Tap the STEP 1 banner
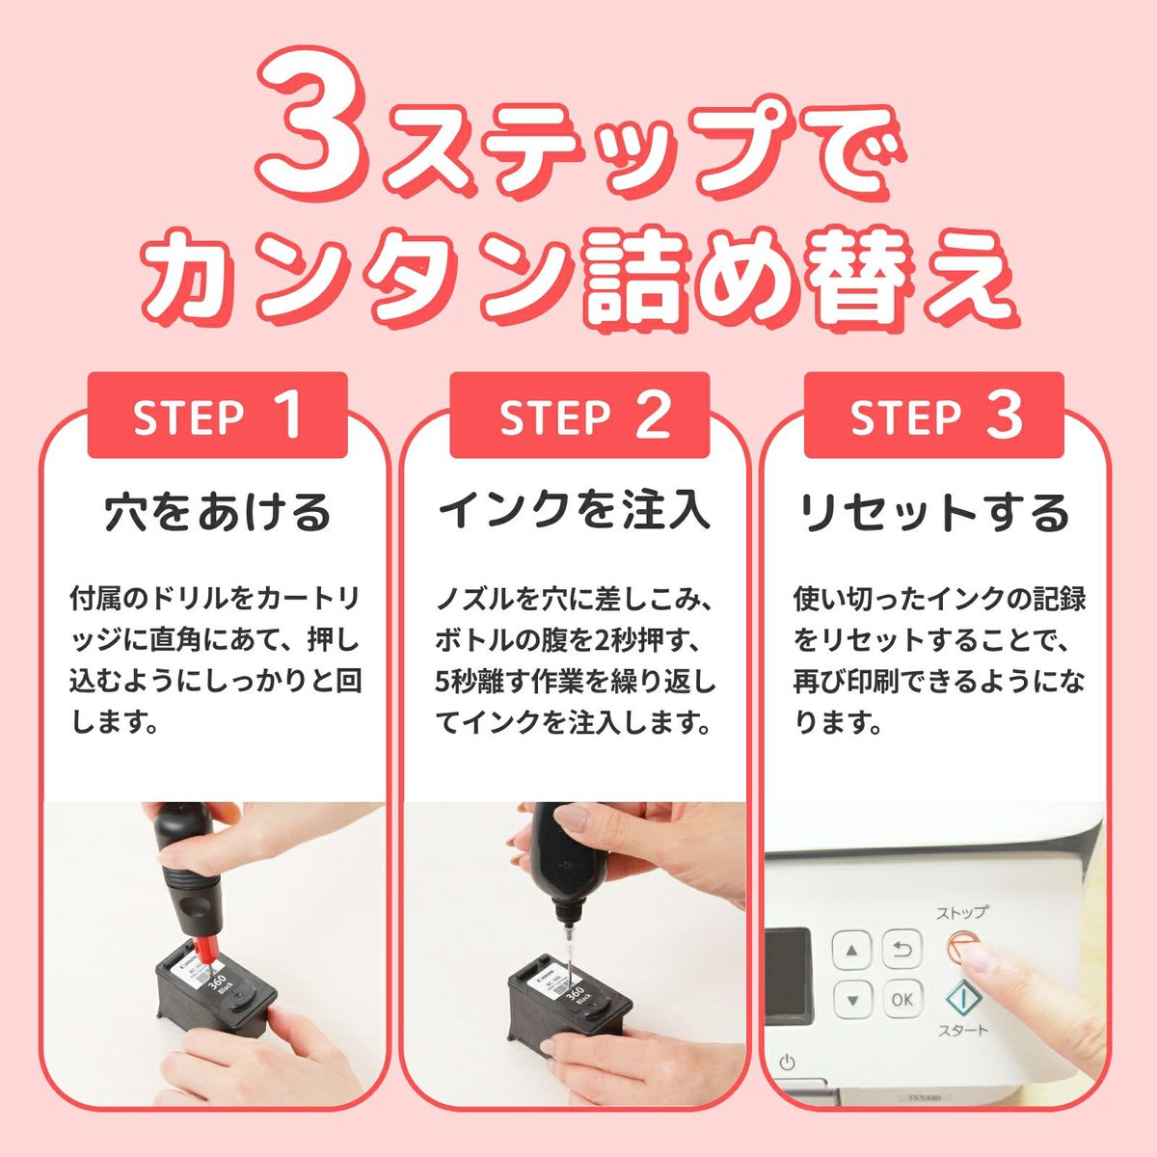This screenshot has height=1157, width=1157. (x=217, y=415)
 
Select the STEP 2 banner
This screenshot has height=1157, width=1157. (x=579, y=415)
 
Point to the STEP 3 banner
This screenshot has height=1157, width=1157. (x=933, y=415)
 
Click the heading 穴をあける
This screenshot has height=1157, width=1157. (x=217, y=513)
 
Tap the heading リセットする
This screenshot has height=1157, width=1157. (x=934, y=513)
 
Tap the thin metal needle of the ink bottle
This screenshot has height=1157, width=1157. (x=567, y=953)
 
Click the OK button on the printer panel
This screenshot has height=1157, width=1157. (x=901, y=1000)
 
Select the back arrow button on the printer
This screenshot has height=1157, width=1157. (x=901, y=950)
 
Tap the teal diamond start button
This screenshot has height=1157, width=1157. (x=963, y=998)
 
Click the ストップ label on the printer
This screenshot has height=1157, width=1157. (x=961, y=913)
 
